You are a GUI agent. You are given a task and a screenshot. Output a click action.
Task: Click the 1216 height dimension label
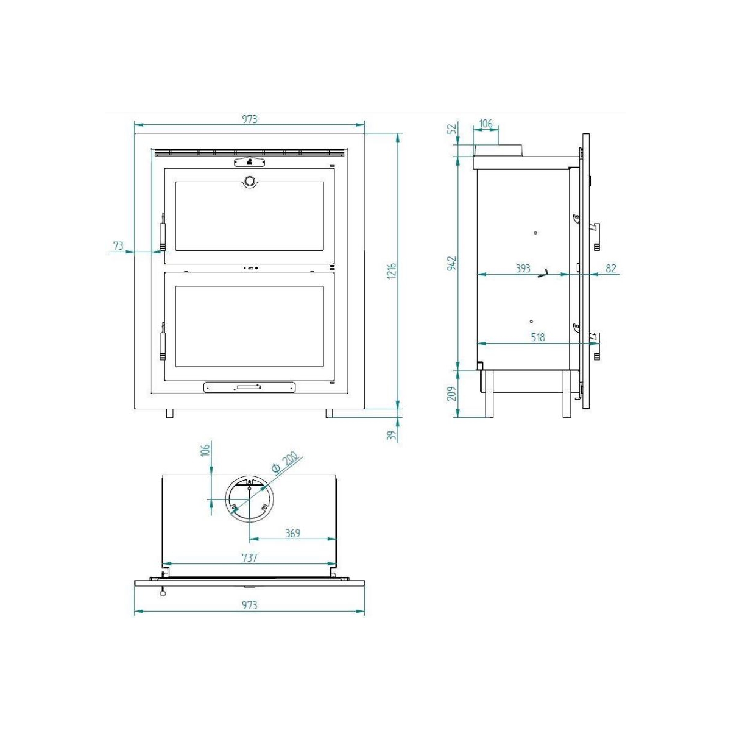pos(392,270)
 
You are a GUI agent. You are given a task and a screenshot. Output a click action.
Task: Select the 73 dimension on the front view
pos(118,246)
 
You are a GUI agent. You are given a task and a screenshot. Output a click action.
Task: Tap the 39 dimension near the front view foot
pos(392,434)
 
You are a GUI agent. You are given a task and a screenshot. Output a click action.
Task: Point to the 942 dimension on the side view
pos(451,263)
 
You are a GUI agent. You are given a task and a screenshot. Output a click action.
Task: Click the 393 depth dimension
pos(523,268)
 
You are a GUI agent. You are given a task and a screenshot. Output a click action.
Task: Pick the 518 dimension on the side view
pos(537,337)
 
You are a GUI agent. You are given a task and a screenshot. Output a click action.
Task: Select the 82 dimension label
pos(611,268)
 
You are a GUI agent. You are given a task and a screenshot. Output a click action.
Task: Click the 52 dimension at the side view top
pos(451,129)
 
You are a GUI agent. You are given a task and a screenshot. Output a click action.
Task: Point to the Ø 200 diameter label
pos(285,462)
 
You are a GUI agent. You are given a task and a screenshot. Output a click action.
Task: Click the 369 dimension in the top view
pos(293,533)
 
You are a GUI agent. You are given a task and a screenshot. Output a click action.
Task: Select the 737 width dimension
pos(250,557)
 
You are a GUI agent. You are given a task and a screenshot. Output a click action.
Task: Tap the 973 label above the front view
pos(250,119)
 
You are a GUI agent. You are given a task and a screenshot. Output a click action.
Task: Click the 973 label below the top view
pos(250,605)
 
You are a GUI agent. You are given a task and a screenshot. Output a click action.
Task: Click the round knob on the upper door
pos(250,181)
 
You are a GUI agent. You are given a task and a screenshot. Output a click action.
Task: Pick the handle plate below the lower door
pos(249,387)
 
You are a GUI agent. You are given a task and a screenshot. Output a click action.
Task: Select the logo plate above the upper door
pos(249,162)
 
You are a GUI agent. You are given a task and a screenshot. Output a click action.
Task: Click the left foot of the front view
pos(170,413)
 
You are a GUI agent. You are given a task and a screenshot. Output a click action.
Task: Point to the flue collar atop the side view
pos(498,150)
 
